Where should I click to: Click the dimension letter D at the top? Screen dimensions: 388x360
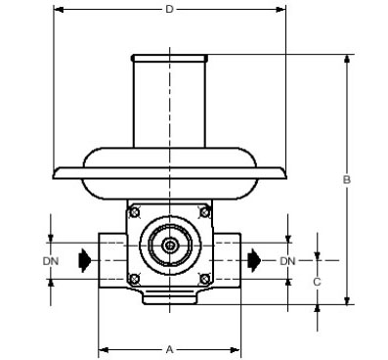click(169, 9)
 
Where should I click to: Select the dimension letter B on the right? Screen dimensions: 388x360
click(347, 179)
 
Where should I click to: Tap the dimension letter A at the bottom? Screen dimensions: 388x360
click(169, 350)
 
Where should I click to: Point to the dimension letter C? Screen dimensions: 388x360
click(317, 282)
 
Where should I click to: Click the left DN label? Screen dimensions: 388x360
click(51, 261)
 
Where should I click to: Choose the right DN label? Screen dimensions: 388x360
click(287, 261)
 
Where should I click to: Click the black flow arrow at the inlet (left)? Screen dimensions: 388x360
click(85, 260)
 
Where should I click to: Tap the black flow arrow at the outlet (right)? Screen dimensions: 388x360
click(254, 260)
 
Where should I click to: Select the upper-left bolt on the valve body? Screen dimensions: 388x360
click(134, 212)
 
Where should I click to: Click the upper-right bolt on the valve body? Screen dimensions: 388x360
click(204, 212)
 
